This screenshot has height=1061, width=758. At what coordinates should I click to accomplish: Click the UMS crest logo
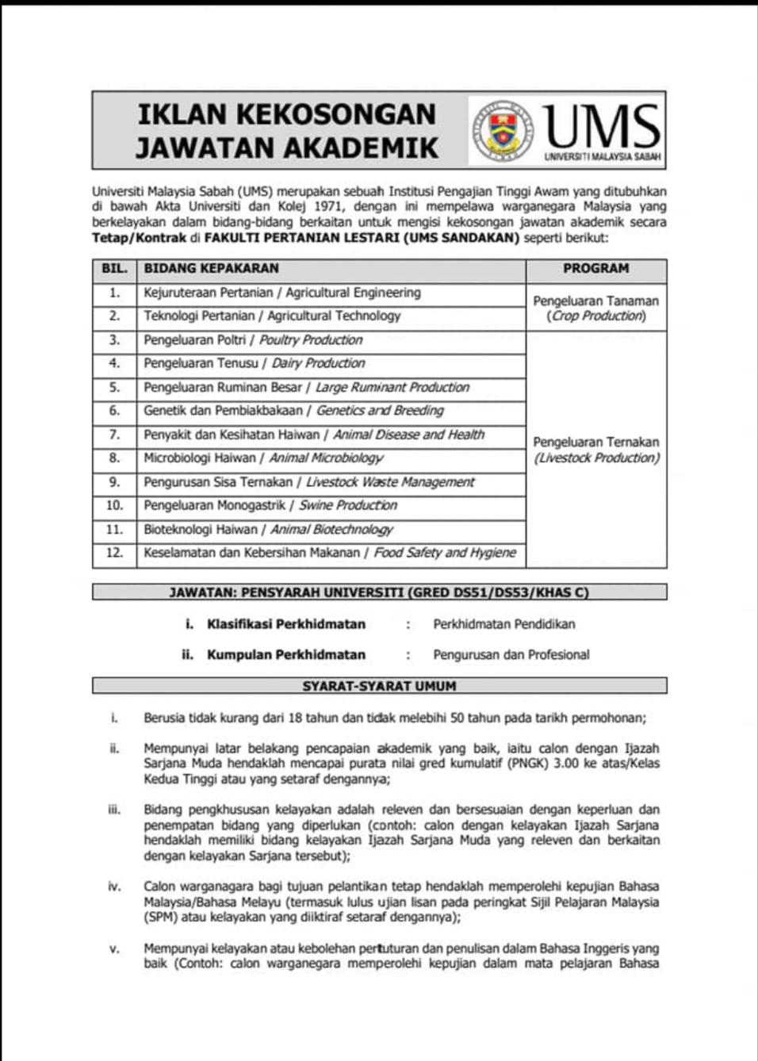502,130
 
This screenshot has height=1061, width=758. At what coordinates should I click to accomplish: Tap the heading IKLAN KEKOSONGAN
286,114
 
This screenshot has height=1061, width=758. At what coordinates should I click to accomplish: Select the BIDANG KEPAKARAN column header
211,269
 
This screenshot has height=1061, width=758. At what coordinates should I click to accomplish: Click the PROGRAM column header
595,269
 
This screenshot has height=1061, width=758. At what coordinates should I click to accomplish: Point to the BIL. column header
114,269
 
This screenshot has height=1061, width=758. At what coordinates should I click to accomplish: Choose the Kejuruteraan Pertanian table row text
281,293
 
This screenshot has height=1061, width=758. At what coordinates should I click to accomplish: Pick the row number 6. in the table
114,411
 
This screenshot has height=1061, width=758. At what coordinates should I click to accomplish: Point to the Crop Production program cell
595,308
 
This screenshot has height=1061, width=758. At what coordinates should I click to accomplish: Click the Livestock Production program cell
595,450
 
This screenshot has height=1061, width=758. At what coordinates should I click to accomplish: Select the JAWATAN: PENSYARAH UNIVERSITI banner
379,592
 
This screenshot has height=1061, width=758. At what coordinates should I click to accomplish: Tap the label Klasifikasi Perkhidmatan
285,624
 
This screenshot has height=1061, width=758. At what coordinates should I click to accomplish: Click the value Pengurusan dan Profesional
511,655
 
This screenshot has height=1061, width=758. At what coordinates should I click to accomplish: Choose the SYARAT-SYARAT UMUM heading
379,686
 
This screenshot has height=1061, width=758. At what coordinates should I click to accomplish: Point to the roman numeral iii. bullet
114,810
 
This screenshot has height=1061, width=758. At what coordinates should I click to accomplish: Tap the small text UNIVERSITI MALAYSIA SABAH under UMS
602,157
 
